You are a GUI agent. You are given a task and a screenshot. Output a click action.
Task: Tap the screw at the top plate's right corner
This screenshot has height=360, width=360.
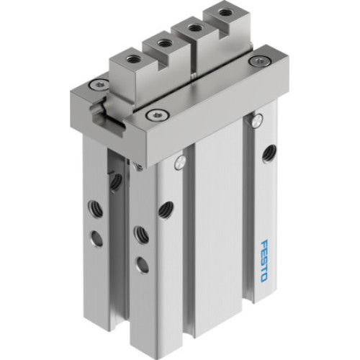pyautogui.click(x=255, y=62)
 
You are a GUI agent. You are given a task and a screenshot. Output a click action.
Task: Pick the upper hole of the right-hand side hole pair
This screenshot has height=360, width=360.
pyautogui.click(x=140, y=233)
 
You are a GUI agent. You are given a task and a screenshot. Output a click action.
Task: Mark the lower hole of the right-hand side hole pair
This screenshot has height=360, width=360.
pyautogui.click(x=142, y=264)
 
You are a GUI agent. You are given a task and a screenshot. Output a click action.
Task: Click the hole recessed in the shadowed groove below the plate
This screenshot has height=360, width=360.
pyautogui.click(x=115, y=181)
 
